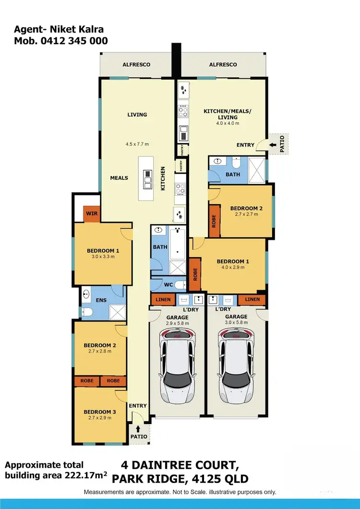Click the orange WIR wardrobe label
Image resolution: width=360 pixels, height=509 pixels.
coord(92,213)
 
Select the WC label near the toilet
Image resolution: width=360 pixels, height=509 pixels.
coord(168,285)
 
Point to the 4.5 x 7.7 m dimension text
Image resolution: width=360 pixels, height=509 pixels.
coord(137,144)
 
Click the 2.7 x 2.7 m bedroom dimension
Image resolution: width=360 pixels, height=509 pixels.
coord(246,214)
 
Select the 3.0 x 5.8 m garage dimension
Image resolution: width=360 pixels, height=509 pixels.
coord(236,323)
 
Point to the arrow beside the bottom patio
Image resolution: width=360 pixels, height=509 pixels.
coord(139,428)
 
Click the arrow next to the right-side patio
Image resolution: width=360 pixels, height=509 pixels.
coord(272,143)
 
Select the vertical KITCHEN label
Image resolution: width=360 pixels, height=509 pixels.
coord(163,178)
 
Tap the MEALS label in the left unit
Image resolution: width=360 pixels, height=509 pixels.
coord(119,178)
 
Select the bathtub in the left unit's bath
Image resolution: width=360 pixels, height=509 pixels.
coord(178,242)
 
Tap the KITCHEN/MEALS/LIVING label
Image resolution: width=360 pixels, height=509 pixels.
coord(228,114)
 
